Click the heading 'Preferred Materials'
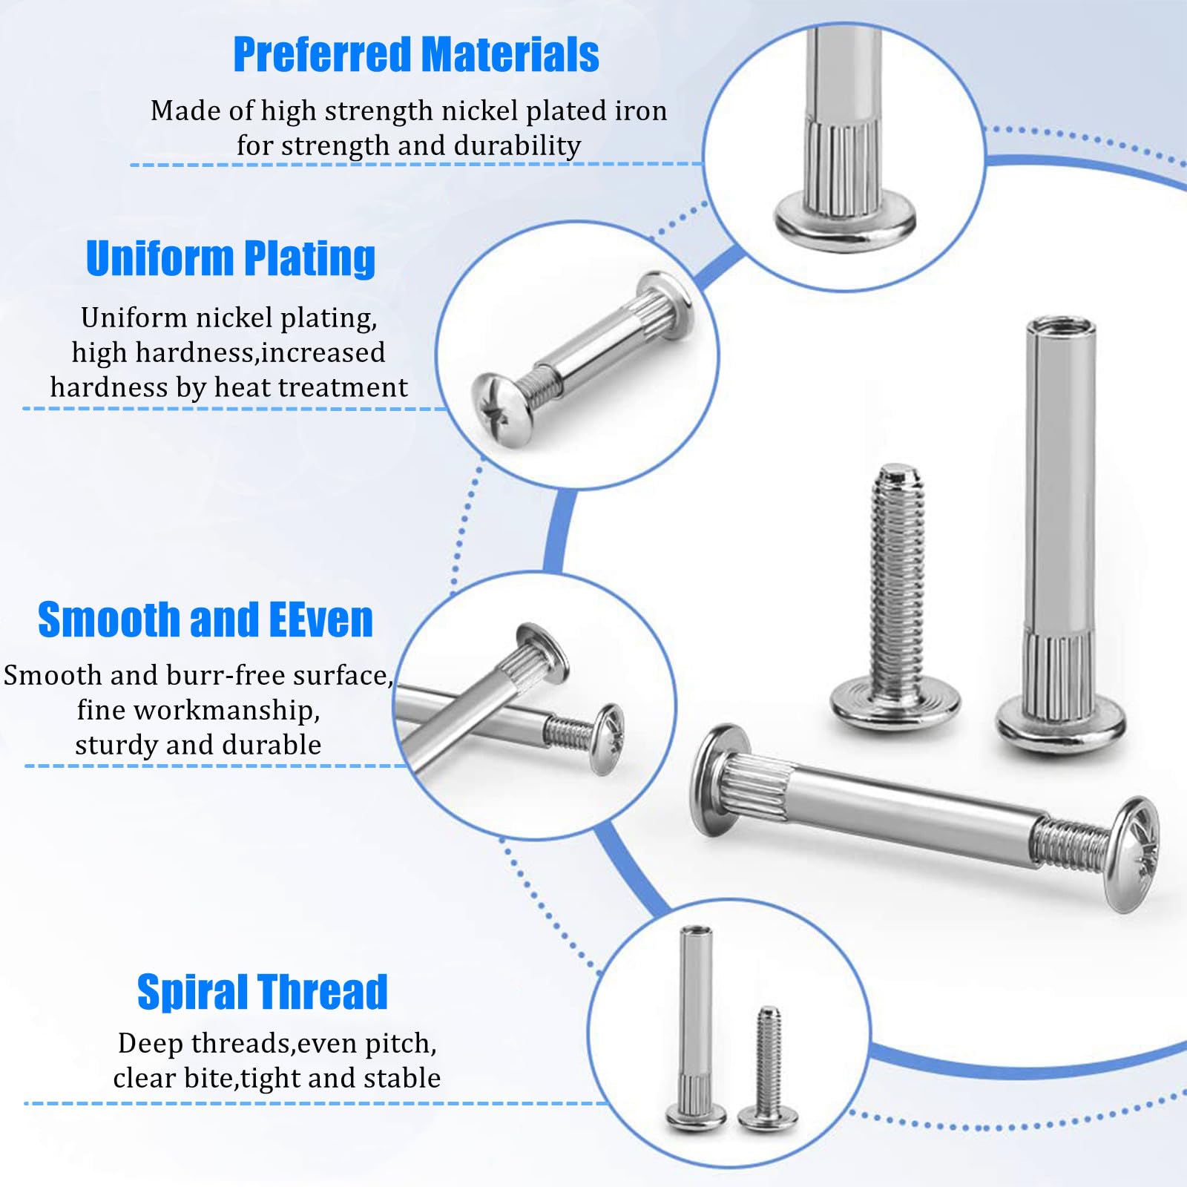point(416,55)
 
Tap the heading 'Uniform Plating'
point(231,258)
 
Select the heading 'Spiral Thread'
point(263,992)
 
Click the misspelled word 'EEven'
point(320,619)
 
